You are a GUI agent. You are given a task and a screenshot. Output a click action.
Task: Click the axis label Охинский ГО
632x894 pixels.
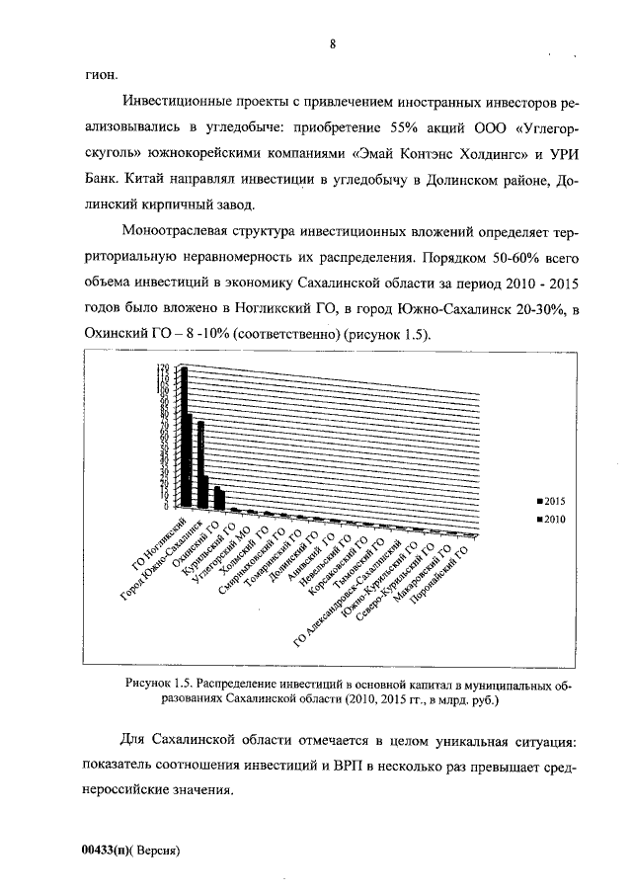[202, 538]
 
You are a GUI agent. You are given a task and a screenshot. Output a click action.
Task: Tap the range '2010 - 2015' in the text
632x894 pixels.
[539, 284]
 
